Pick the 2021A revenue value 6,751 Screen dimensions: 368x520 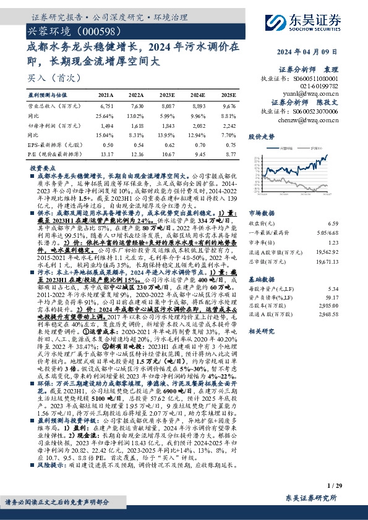[x=106, y=106]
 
